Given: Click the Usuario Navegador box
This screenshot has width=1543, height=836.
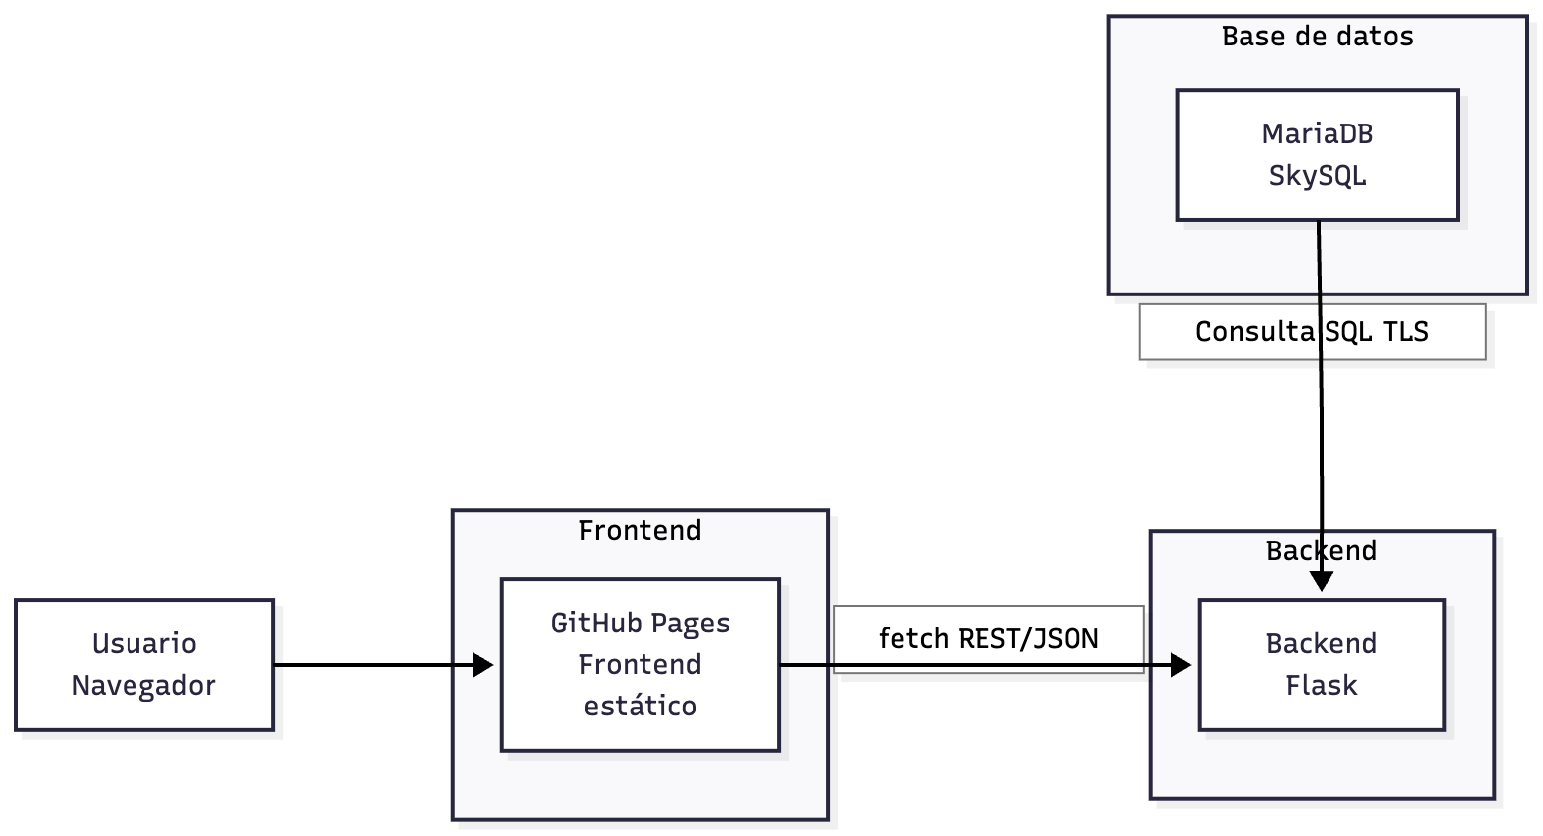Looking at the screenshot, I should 144,664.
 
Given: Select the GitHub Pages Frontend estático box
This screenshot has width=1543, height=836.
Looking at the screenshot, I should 640,664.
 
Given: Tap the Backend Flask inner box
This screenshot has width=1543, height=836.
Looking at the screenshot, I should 1321,664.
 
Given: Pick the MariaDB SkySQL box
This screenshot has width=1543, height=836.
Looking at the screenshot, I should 1317,155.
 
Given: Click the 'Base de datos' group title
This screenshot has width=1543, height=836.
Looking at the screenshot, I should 1317,37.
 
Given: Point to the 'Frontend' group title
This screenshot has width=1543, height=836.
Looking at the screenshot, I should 640,531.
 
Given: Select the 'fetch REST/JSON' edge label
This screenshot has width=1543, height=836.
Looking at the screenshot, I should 988,639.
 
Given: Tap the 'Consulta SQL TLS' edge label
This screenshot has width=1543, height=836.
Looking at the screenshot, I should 1312,332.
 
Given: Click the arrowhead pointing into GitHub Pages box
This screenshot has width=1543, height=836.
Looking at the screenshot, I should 484,665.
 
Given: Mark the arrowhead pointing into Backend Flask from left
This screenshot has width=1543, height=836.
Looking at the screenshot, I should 1181,665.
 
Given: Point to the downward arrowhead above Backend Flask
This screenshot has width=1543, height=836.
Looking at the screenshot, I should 1322,582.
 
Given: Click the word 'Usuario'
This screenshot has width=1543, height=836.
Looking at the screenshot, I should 144,644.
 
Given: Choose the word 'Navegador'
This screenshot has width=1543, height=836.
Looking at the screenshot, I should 144,686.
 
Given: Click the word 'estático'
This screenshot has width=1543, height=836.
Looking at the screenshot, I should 640,707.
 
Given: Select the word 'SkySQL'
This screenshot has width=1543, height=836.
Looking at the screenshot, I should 1317,176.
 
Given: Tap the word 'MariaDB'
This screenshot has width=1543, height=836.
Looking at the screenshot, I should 1317,133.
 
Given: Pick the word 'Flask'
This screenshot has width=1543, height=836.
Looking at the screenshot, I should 1321,686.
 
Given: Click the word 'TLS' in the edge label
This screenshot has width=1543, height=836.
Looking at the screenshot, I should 1406,332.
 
